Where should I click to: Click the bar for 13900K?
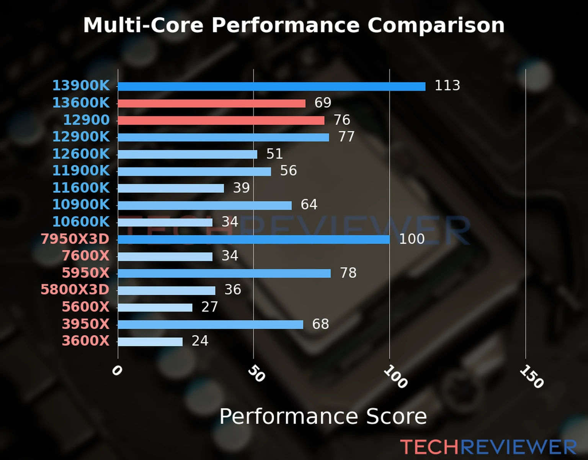[x=271, y=87]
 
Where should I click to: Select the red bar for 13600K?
[x=211, y=103]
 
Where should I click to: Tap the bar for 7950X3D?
[x=253, y=240]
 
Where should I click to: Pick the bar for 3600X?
[x=150, y=342]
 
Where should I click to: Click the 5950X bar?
[x=224, y=273]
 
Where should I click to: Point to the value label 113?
[x=447, y=85]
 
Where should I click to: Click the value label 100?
[x=412, y=239]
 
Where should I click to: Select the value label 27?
[x=209, y=307]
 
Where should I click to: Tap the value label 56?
[x=288, y=171]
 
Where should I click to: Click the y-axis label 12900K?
[x=81, y=136]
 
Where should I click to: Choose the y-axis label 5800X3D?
[x=75, y=289]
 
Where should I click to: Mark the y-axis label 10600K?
[x=81, y=222]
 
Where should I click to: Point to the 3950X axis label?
[x=85, y=324]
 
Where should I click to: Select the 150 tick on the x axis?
[x=531, y=377]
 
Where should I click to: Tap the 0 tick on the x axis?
[x=117, y=371]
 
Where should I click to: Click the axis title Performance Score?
[x=323, y=416]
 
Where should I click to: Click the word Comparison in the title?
[x=436, y=25]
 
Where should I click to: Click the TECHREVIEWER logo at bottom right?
[x=488, y=447]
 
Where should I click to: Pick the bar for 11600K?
[x=171, y=189]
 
